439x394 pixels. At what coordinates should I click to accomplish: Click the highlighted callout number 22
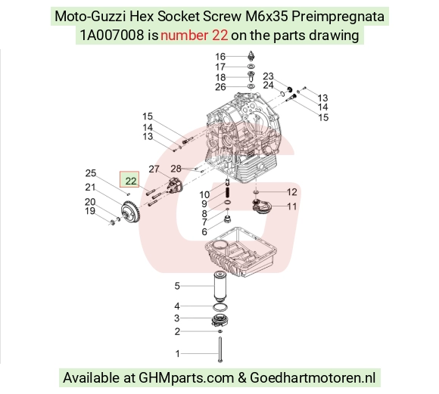click(x=131, y=181)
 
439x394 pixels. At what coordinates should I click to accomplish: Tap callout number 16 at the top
click(x=220, y=57)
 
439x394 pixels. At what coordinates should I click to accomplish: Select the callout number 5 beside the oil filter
click(x=177, y=286)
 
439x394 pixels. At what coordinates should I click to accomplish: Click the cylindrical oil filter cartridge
click(x=220, y=286)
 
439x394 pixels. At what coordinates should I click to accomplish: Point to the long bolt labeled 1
click(x=220, y=350)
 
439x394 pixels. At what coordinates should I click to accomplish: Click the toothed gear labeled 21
click(x=130, y=213)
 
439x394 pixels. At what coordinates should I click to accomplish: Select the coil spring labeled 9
click(x=228, y=193)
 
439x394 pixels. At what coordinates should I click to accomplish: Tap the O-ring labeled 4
click(x=220, y=307)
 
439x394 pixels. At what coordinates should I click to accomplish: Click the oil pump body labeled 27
click(x=175, y=186)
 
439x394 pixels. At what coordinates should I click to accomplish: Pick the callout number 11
click(x=291, y=206)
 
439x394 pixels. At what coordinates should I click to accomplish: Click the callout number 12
click(x=291, y=192)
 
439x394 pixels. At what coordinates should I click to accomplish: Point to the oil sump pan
click(x=241, y=252)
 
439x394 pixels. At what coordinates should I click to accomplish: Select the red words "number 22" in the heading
click(x=194, y=36)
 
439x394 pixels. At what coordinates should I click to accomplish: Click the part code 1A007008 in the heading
click(x=112, y=36)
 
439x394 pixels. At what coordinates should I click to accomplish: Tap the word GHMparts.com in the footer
click(x=186, y=378)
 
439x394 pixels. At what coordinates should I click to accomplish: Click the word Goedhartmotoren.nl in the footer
click(x=313, y=377)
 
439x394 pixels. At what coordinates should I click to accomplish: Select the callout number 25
click(x=91, y=173)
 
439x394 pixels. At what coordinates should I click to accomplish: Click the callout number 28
click(x=176, y=169)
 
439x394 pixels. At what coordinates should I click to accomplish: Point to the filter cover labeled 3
click(x=220, y=320)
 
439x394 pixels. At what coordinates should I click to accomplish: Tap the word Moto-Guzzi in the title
click(x=90, y=17)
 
